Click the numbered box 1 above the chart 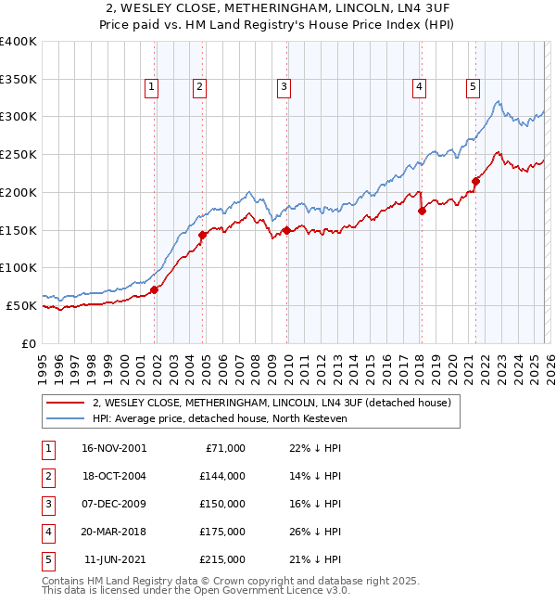click(151, 87)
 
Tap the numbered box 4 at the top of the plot click(419, 87)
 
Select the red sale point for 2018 click(422, 211)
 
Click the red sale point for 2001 click(155, 289)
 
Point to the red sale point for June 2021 click(475, 181)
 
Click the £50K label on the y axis click(22, 305)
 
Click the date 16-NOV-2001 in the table click(114, 448)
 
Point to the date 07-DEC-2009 click(114, 504)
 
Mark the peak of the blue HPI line click(498, 101)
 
